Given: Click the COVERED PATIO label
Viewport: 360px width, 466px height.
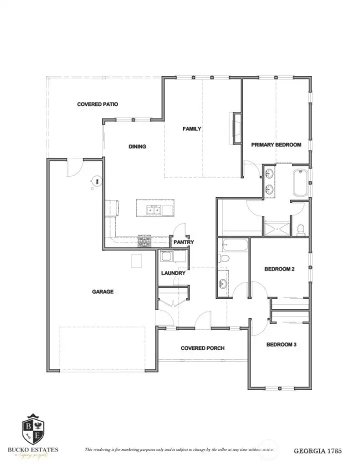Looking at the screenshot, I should pos(97,104).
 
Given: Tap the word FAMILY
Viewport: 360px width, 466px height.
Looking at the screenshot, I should pos(191,129).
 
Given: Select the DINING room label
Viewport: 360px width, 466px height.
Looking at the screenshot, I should pos(137,146).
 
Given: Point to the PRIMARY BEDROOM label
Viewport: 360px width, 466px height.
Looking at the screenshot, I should pos(276,145).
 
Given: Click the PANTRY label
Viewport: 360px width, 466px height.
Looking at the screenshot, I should pos(183,242).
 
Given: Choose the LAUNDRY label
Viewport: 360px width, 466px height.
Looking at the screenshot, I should pos(173,273).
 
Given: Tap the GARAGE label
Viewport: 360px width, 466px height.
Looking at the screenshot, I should pos(102,292).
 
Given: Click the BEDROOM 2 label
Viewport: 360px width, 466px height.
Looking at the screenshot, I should pos(279,269).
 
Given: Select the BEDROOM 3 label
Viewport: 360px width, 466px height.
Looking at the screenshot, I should pos(281,344).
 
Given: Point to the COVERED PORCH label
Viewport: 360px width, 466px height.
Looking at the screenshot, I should pos(202,348).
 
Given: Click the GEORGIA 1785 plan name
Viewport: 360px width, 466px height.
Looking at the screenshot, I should pos(317,451).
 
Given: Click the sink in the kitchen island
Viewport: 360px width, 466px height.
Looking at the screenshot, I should pos(153,210).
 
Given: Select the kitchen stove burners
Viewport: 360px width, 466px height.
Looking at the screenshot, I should pos(144,242).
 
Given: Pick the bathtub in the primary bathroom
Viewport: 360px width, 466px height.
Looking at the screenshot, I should pos(300,183).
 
